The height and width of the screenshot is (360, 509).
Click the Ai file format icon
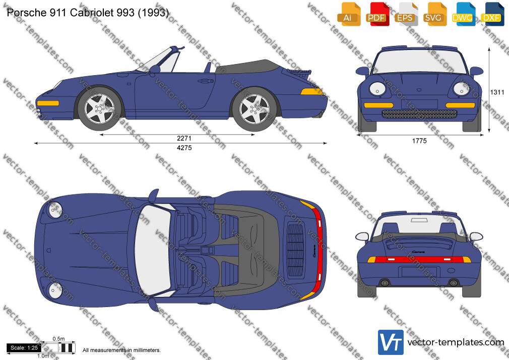(349, 14)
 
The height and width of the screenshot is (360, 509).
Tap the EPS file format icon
(406, 14)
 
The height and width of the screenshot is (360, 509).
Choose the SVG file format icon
(434, 14)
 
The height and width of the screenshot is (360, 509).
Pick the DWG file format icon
(463, 14)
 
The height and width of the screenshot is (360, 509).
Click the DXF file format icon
(492, 14)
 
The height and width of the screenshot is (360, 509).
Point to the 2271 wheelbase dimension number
(184, 139)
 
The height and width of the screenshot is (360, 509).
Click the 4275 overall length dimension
(184, 148)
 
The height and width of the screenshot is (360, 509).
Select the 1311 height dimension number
(497, 92)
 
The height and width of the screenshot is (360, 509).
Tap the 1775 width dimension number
(419, 141)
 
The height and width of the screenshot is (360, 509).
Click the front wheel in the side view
(99, 108)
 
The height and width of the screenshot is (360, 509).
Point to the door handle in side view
(206, 81)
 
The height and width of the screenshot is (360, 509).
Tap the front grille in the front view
(419, 114)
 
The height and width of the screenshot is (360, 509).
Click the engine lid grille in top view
(295, 250)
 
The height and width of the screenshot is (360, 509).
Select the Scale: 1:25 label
(24, 348)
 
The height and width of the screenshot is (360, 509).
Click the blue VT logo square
(391, 342)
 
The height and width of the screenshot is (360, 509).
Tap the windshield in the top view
(153, 250)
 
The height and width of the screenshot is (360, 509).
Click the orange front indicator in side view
(48, 103)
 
